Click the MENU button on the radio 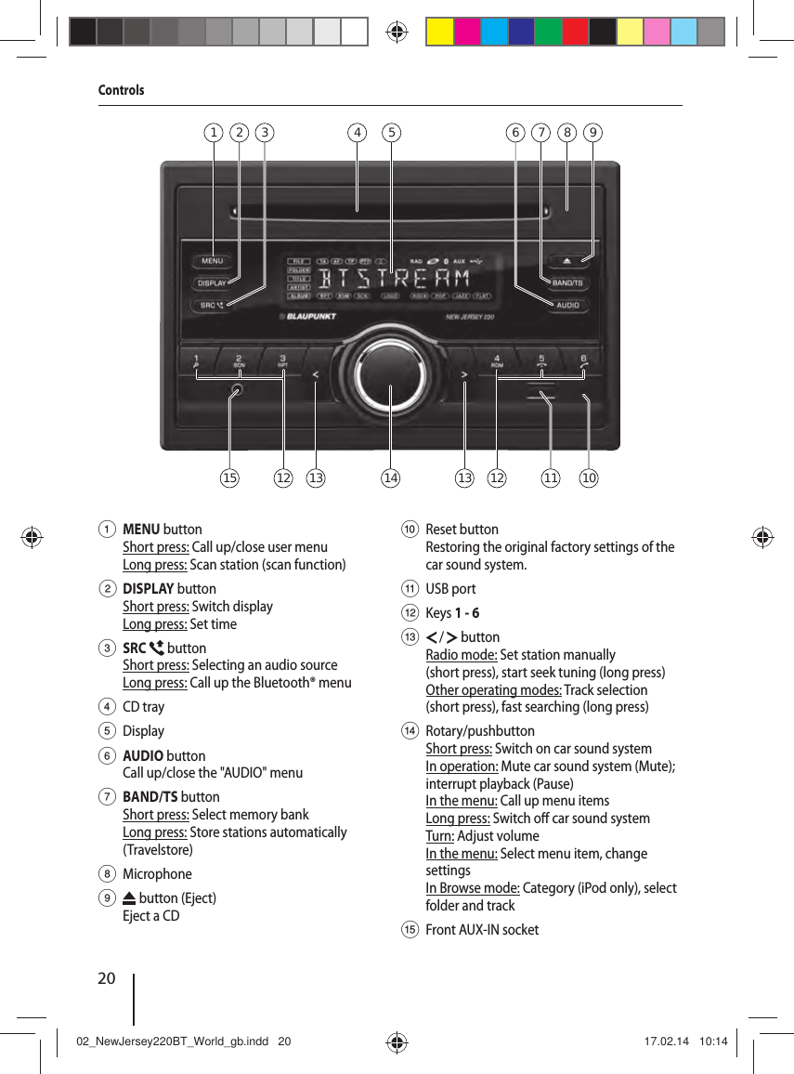[x=213, y=261]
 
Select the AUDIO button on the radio [x=567, y=305]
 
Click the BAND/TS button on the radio [x=567, y=282]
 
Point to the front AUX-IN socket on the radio [x=238, y=391]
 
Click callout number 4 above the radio [x=358, y=132]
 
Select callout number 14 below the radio [x=390, y=478]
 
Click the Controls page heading [x=122, y=90]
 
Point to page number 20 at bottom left [x=107, y=977]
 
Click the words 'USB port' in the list [x=450, y=589]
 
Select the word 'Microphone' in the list [x=157, y=874]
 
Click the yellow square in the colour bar [x=439, y=32]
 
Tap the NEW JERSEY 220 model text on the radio [x=469, y=317]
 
